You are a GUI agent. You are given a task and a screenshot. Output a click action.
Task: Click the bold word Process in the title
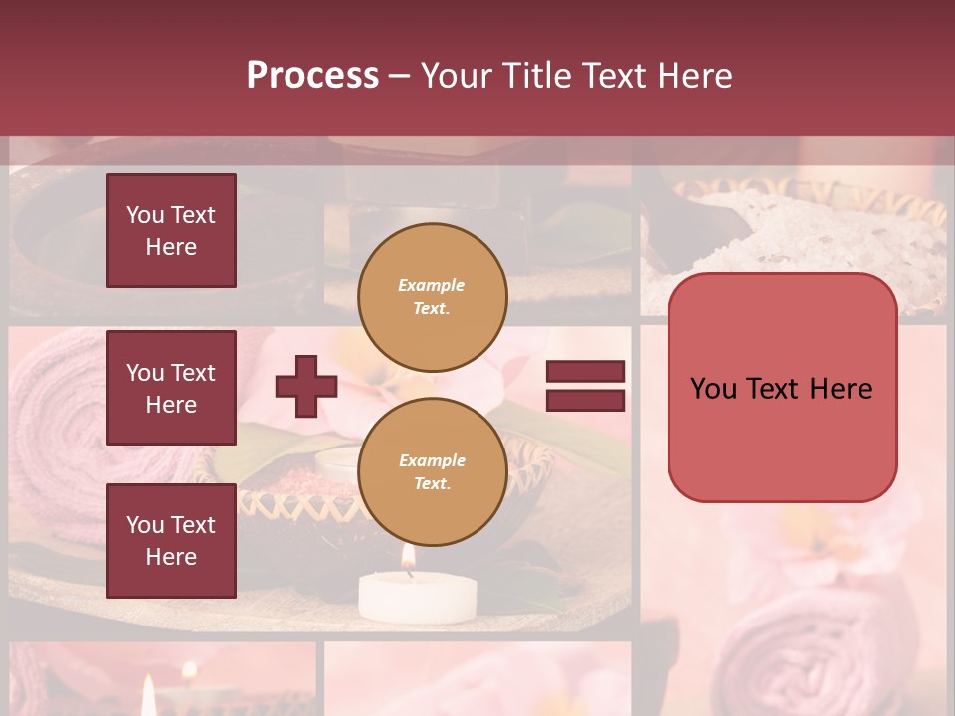point(312,76)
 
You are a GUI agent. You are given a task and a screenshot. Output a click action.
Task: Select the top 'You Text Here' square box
point(171,231)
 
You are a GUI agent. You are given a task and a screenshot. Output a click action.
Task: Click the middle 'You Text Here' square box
point(171,388)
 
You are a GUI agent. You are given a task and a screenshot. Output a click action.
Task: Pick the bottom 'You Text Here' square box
point(171,540)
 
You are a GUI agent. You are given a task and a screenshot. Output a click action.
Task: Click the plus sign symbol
point(305,386)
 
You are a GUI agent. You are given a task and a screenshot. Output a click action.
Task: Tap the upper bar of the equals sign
point(585,372)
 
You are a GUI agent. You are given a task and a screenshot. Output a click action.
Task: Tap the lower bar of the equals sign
point(585,400)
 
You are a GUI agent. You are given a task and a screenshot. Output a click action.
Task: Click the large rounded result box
point(782,388)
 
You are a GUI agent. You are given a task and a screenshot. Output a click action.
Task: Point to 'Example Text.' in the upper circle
point(432,296)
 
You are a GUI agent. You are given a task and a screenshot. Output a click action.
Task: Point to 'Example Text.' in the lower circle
point(432,472)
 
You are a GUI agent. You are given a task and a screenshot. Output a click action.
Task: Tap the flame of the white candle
point(407,565)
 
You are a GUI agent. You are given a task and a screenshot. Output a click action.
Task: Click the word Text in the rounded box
point(782,389)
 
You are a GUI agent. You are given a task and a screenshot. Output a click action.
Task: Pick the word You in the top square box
point(144,215)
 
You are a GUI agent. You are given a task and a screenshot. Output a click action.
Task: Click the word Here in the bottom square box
point(171,557)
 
